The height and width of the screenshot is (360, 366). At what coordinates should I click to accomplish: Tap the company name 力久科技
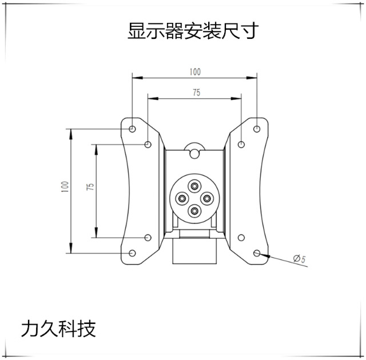[58, 328]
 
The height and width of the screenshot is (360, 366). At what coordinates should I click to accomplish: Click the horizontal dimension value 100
[194, 72]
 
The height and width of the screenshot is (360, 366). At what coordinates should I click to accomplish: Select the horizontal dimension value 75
[196, 93]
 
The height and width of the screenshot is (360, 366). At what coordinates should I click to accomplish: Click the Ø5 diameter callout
[299, 259]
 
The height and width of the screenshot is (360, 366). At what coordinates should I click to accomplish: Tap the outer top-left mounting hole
[132, 129]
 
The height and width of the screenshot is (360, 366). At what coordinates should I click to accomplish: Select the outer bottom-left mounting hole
[132, 253]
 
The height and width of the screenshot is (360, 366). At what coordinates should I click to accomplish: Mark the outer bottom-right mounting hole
[257, 253]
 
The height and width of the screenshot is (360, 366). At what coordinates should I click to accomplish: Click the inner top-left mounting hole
[148, 145]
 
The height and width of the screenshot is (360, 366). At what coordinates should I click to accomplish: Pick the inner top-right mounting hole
[241, 145]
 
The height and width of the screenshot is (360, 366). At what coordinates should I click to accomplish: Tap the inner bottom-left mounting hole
[148, 237]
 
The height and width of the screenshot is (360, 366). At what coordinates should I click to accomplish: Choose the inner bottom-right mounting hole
[241, 237]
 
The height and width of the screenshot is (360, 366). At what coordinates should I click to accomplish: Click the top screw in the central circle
[194, 185]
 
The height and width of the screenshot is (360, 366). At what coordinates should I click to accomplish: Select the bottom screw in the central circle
[194, 211]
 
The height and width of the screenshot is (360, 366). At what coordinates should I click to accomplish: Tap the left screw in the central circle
[182, 198]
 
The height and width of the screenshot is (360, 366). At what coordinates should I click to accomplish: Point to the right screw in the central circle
[207, 198]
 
